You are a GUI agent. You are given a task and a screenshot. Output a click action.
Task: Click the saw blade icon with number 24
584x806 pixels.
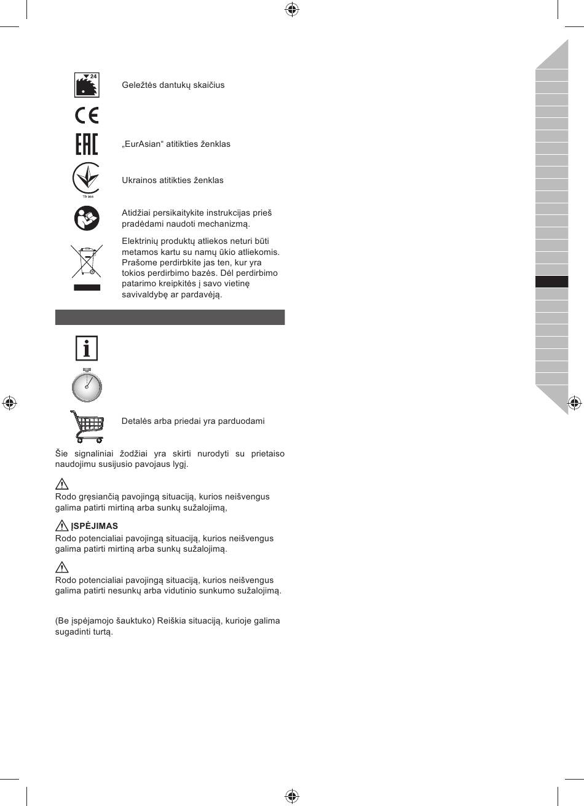(x=86, y=85)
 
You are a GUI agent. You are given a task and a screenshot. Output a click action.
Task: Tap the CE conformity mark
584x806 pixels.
(x=86, y=115)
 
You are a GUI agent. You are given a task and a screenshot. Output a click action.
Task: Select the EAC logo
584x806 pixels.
(x=86, y=144)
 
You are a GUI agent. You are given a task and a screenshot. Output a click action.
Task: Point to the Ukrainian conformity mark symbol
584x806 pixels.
(x=86, y=179)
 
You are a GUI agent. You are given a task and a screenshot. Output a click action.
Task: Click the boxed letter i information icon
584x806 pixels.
(x=87, y=348)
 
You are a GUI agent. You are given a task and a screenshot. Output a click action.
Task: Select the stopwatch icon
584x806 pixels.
(x=87, y=385)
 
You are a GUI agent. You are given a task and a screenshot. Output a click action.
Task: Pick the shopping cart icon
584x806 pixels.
(x=87, y=426)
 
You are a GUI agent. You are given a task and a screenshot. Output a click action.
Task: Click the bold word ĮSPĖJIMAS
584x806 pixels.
(x=94, y=526)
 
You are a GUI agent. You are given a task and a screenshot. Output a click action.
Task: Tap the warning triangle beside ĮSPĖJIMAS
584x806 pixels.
(x=61, y=526)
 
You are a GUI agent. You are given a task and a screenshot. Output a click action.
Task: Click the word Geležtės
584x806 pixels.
(x=138, y=85)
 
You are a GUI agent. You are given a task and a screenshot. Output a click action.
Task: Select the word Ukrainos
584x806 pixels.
(x=139, y=181)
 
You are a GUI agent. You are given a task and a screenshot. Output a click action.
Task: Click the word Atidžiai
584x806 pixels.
(x=137, y=213)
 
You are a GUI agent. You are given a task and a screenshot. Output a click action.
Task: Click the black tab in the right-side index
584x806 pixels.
(x=551, y=282)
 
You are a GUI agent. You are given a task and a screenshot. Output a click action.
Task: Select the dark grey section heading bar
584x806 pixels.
(x=170, y=317)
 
